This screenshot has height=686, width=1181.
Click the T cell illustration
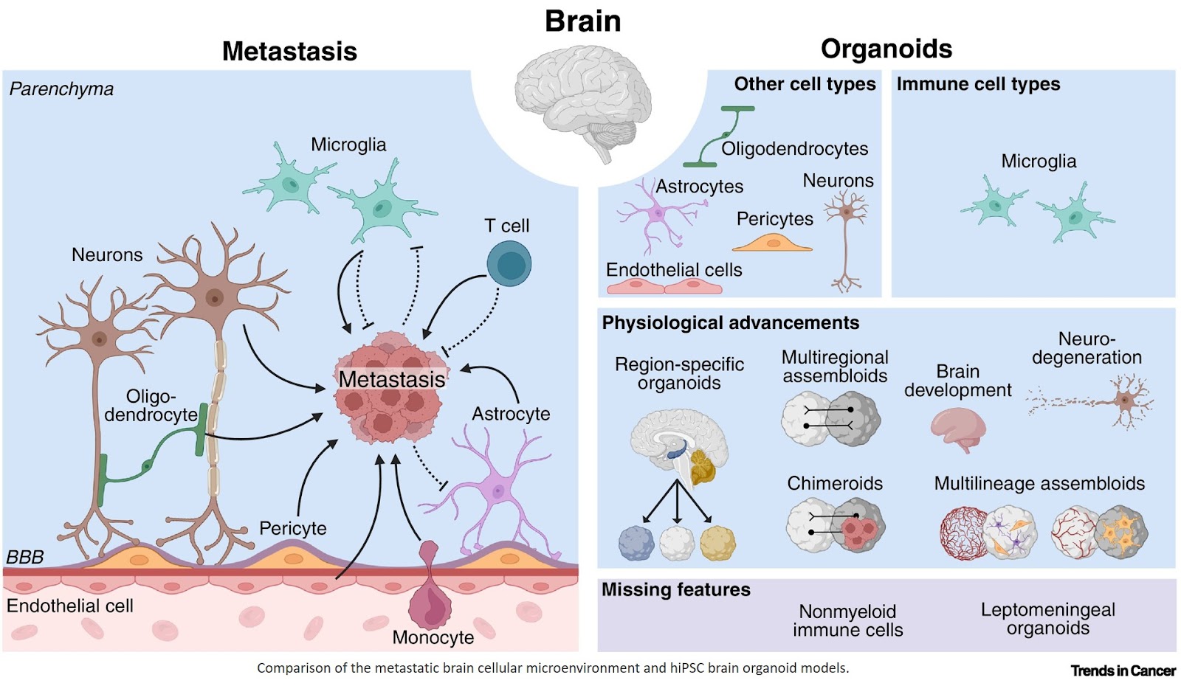pos(509,264)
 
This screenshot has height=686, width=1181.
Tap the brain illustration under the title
pos(583,100)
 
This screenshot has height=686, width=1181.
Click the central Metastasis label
pos(392,379)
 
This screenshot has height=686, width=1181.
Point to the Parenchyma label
pos(61,89)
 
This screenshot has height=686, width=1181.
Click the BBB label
pos(25,557)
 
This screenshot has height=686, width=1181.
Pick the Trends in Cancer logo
pos(1122,671)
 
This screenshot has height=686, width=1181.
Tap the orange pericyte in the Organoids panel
pos(772,243)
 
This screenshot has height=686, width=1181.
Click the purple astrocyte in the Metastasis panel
pos(496,491)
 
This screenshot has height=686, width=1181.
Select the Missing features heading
pos(675,589)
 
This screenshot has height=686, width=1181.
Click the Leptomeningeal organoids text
pos(1047,619)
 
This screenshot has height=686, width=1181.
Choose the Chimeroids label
pos(834,483)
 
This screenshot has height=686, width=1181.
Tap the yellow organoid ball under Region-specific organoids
pos(717,544)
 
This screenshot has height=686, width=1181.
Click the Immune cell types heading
pos(978,84)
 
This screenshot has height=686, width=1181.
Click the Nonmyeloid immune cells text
pos(847,620)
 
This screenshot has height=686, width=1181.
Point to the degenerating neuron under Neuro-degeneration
pos(1122,402)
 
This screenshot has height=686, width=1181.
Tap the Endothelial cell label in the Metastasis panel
pos(70,606)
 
